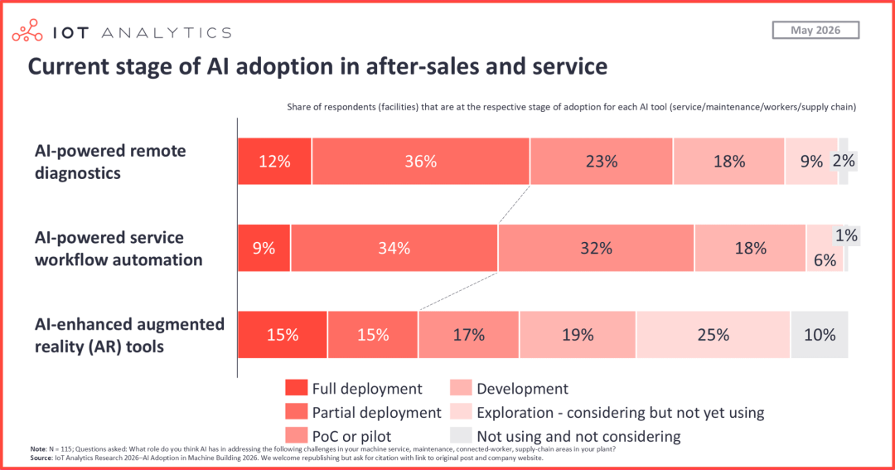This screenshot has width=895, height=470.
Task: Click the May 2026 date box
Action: coord(815,31)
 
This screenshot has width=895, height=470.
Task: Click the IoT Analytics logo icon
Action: coord(27,31)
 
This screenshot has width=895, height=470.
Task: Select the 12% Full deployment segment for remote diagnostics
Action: coord(274,162)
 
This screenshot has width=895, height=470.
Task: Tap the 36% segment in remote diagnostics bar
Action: coord(421,162)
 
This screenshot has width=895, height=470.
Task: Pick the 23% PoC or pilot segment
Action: coord(602,162)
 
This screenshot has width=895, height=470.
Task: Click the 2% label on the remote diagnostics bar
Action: coord(844,161)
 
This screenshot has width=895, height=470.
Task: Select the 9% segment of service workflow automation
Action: coord(264,249)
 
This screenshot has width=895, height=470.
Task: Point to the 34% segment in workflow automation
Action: coord(394,249)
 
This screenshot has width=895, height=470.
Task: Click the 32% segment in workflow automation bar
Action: coord(597,249)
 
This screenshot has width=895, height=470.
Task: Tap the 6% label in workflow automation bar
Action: coord(825,260)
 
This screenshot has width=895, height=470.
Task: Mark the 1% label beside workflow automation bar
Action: coord(846,235)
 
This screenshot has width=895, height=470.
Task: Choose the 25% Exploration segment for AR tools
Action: coord(714,335)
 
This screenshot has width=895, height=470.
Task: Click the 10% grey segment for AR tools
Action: coord(820,335)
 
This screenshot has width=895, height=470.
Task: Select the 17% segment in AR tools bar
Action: coord(468,335)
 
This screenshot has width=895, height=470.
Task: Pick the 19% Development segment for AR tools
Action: coord(578,335)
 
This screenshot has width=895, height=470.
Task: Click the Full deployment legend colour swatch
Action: coord(296,388)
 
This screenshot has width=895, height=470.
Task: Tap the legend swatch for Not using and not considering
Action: coord(461,436)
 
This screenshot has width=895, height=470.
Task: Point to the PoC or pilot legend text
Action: coord(351,436)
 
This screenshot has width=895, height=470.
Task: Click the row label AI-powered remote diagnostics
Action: coord(110,162)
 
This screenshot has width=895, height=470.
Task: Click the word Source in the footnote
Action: coord(41,458)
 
